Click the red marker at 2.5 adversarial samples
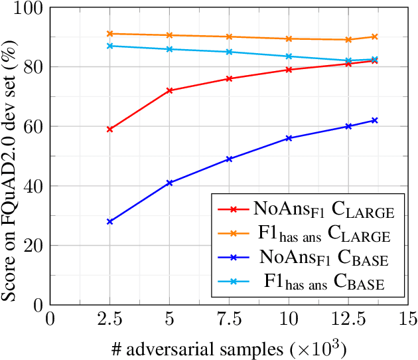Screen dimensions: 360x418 click(109, 129)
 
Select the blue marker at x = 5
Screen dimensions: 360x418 click(169, 183)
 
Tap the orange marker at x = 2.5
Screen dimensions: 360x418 click(109, 33)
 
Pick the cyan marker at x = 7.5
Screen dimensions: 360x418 click(229, 52)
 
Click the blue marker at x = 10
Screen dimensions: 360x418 click(289, 138)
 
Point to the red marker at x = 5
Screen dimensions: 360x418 click(169, 90)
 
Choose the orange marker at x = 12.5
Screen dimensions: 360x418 click(348, 39)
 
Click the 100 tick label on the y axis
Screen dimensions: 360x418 click(31, 8)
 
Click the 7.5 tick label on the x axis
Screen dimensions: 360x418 click(229, 320)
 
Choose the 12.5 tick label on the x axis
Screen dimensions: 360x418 click(348, 320)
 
